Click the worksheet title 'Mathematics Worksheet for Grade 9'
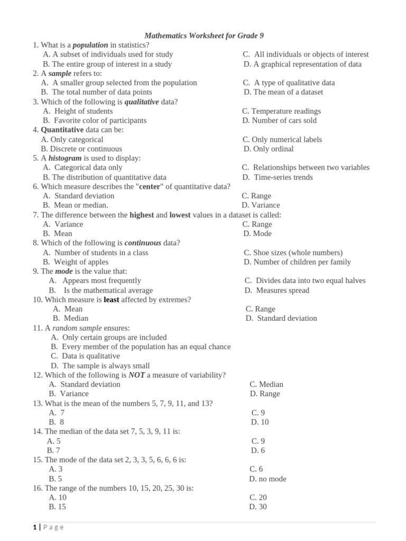point(204,35)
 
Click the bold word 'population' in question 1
point(90,45)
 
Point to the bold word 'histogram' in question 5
point(65,158)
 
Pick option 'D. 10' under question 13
point(260,422)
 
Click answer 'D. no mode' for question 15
point(267,479)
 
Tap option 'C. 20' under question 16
point(258,497)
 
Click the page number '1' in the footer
point(34,527)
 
